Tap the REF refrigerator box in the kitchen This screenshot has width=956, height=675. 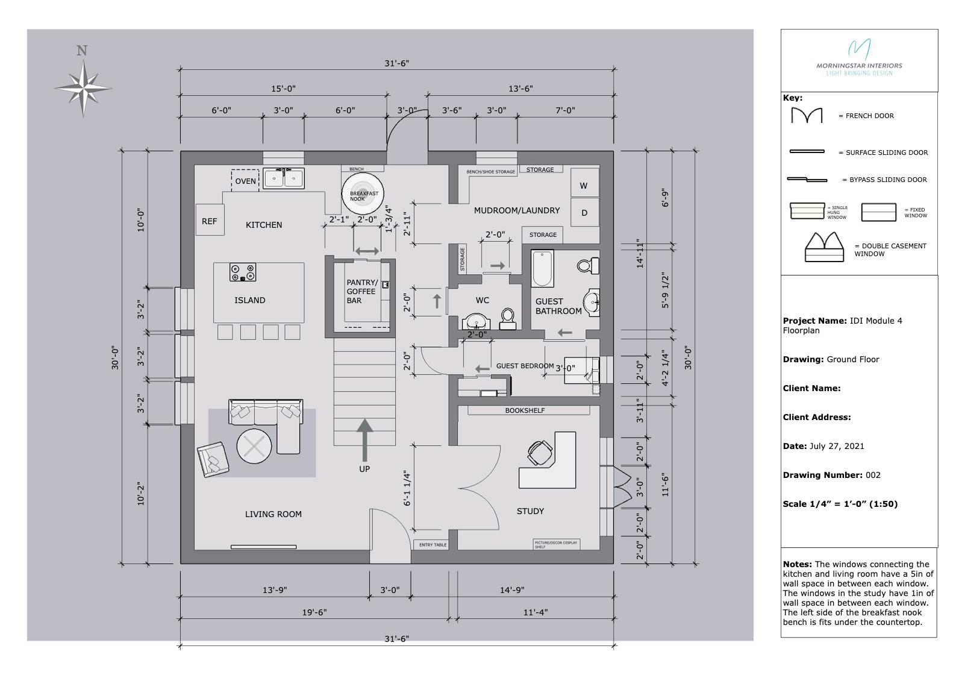[210, 221]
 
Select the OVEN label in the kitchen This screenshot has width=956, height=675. [245, 181]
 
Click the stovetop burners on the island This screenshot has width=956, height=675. [243, 272]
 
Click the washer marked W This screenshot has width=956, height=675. [584, 185]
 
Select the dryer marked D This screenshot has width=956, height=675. [584, 213]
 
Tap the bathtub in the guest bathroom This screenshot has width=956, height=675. [542, 269]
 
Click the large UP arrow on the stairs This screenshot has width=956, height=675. [364, 434]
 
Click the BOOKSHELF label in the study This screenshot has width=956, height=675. [525, 410]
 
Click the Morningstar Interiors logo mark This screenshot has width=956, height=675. [859, 49]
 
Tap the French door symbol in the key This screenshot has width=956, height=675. [807, 115]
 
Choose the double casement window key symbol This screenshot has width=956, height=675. [823, 248]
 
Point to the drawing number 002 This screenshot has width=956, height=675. [873, 475]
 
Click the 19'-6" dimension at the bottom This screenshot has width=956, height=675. [314, 612]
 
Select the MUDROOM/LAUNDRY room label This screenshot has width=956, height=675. [516, 210]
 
